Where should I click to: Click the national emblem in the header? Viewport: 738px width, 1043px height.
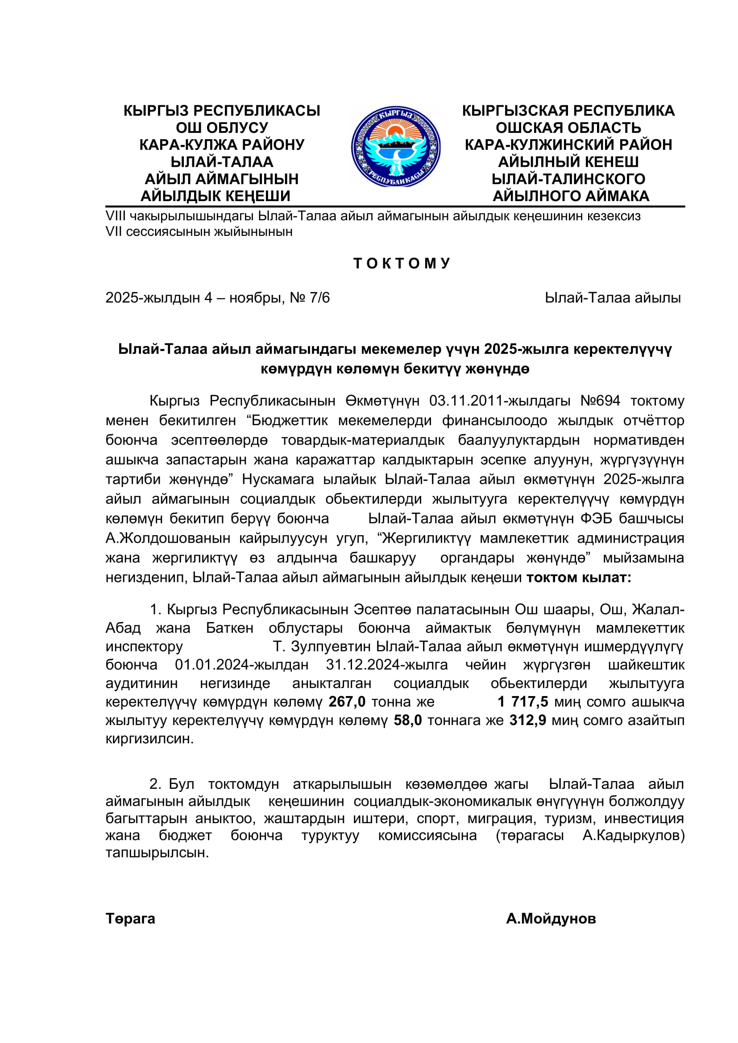pos(395,147)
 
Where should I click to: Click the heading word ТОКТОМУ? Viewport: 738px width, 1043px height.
pos(402,264)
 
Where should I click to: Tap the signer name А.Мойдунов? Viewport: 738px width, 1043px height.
pos(551,919)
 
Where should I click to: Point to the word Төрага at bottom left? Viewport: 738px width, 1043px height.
pos(130,919)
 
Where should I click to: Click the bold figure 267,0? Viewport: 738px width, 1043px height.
pos(347,702)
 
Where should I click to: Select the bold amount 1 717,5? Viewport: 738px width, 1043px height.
pos(522,702)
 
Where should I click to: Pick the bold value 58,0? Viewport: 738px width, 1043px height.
pos(408,721)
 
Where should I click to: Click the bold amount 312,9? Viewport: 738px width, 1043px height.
pos(527,721)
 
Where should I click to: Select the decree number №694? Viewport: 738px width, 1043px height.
pos(600,401)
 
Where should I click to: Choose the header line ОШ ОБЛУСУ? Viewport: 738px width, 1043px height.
pos(222,128)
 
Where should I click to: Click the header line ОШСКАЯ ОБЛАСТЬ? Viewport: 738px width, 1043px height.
pos(568,128)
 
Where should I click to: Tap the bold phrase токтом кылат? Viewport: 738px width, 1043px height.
pos(579,578)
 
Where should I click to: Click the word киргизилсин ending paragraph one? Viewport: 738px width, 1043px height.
pos(149,739)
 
